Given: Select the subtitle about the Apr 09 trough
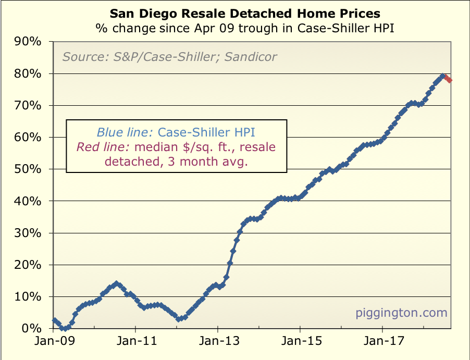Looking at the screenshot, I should (x=244, y=28).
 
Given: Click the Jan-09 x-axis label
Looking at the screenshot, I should (x=53, y=343).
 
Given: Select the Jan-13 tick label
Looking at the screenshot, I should (x=218, y=343).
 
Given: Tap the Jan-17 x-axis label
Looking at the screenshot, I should (x=382, y=343).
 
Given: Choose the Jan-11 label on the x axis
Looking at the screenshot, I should (x=135, y=343).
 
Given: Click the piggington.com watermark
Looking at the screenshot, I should (x=401, y=313).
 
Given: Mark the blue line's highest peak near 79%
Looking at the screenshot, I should (x=443, y=77).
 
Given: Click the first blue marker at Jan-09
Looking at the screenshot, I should (x=54, y=320).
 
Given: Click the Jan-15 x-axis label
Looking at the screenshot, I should (x=300, y=343).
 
